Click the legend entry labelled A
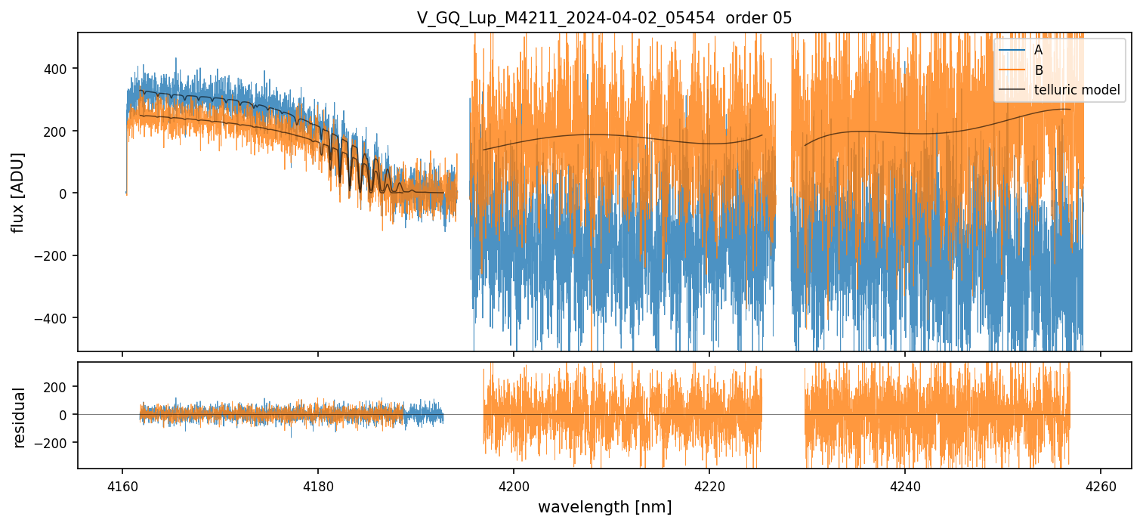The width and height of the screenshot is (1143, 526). pyautogui.click(x=1038, y=51)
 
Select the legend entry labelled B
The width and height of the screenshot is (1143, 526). pyautogui.click(x=1038, y=70)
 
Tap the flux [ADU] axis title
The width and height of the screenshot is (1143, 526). pyautogui.click(x=17, y=192)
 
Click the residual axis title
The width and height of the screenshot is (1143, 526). pyautogui.click(x=19, y=417)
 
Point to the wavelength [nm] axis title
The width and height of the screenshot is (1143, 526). pyautogui.click(x=604, y=507)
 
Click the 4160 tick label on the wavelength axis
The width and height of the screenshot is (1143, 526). pyautogui.click(x=122, y=484)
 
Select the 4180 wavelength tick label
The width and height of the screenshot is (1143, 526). pyautogui.click(x=318, y=484)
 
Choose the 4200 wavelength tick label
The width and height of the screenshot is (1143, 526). pyautogui.click(x=514, y=484)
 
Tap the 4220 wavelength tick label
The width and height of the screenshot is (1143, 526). pyautogui.click(x=709, y=484)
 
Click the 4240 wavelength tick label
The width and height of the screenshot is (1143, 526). pyautogui.click(x=905, y=484)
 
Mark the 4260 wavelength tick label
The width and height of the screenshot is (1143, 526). pyautogui.click(x=1101, y=484)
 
